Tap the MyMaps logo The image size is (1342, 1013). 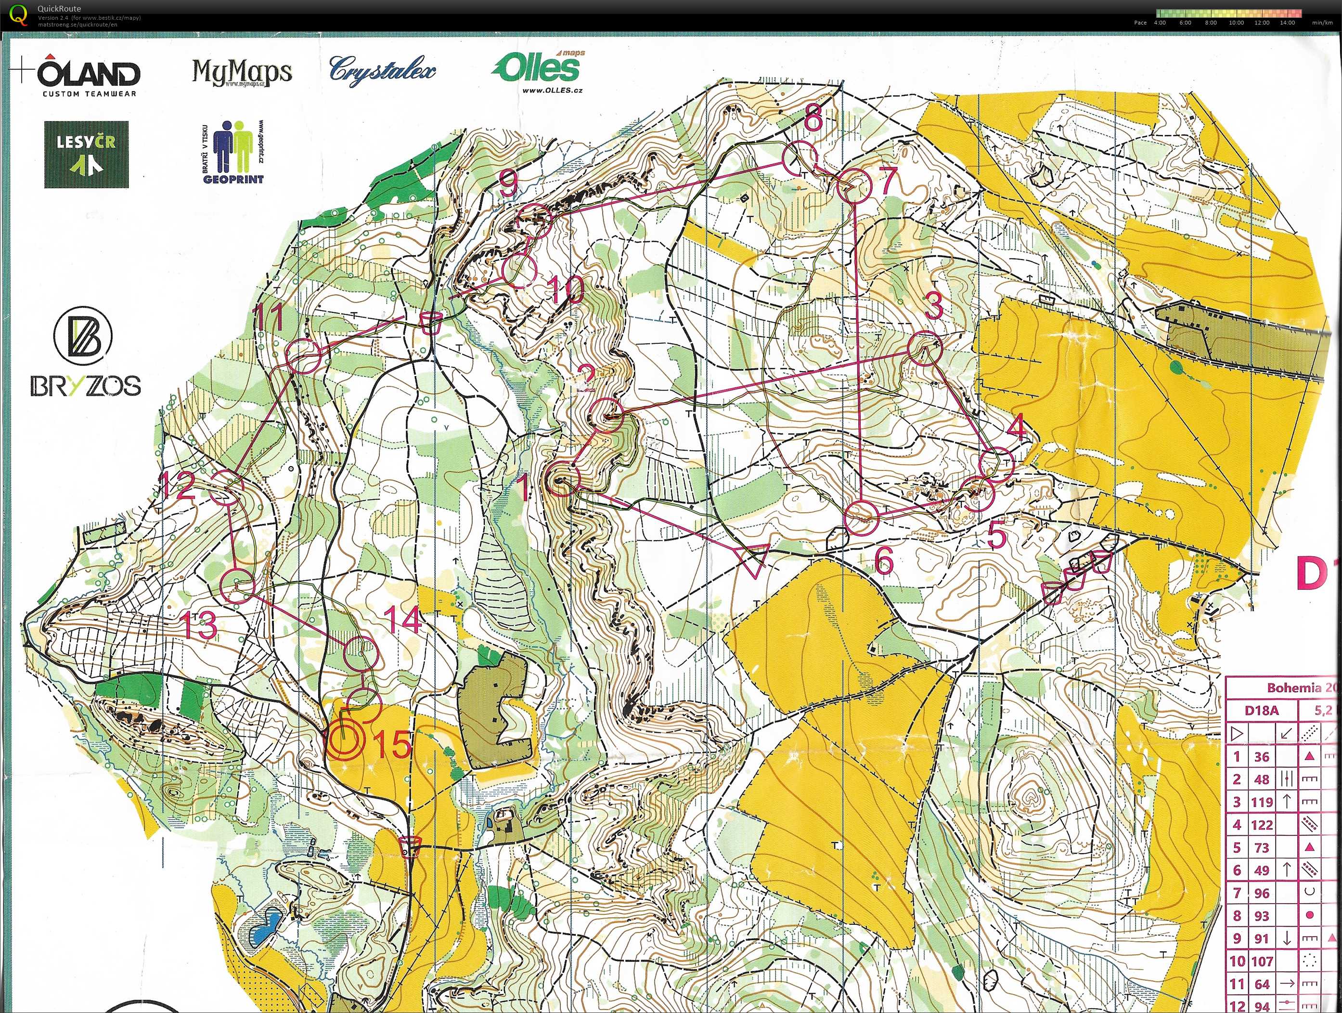pos(242,73)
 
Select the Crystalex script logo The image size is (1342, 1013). pos(382,70)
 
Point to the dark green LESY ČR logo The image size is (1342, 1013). pos(86,154)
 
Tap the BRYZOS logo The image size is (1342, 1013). pos(85,354)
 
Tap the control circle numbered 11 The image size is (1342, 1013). pos(303,357)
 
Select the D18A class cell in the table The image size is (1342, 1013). pos(1261,710)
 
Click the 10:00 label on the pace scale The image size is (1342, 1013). pos(1236,23)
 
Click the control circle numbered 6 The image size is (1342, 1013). pos(862,518)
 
